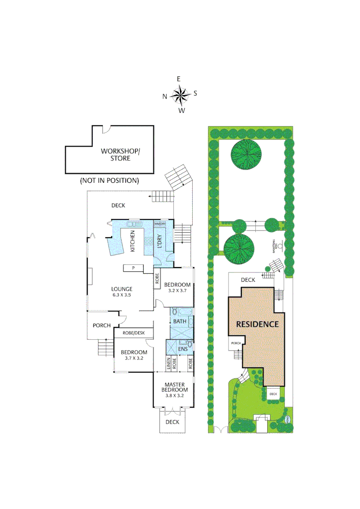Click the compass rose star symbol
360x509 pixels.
[x=179, y=96]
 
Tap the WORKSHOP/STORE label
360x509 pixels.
[x=120, y=155]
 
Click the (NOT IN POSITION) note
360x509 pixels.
[x=109, y=180]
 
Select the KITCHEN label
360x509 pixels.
[x=132, y=241]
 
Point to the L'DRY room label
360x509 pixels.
[x=159, y=241]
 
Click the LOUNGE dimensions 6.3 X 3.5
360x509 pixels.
[x=121, y=295]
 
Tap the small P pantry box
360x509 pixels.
[x=133, y=268]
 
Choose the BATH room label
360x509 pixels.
[x=180, y=321]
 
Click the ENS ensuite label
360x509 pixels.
[x=183, y=349]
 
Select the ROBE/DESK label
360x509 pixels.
[x=134, y=333]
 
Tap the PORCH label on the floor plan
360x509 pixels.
[x=101, y=325]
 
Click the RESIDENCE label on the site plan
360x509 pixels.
[x=257, y=324]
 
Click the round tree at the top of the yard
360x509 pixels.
[x=246, y=154]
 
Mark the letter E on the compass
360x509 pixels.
[x=179, y=79]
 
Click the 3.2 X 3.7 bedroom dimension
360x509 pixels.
[x=178, y=291]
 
